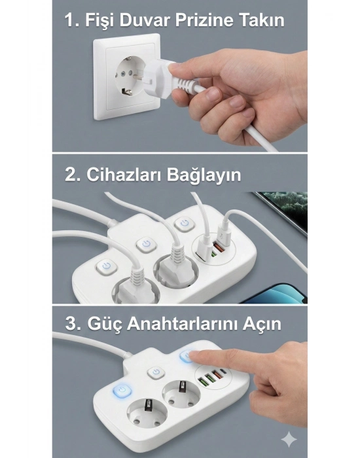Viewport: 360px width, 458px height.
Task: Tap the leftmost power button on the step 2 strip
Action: coord(107,266)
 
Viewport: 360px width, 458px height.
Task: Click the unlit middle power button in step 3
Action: coord(156,374)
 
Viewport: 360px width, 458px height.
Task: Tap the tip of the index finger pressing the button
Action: coord(194,355)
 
